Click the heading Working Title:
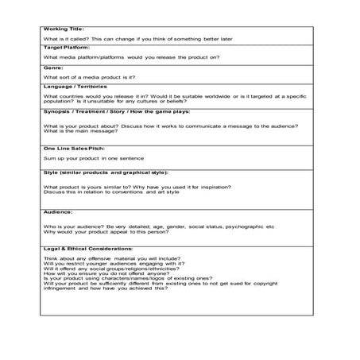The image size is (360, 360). tap(64, 29)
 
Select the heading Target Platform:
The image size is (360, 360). tap(68, 48)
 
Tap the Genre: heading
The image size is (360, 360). tap(54, 68)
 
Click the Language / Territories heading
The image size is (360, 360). tap(77, 87)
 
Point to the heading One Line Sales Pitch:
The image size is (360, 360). tap(75, 148)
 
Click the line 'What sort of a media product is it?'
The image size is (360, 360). tap(89, 76)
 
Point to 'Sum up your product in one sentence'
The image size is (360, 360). tap(94, 159)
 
